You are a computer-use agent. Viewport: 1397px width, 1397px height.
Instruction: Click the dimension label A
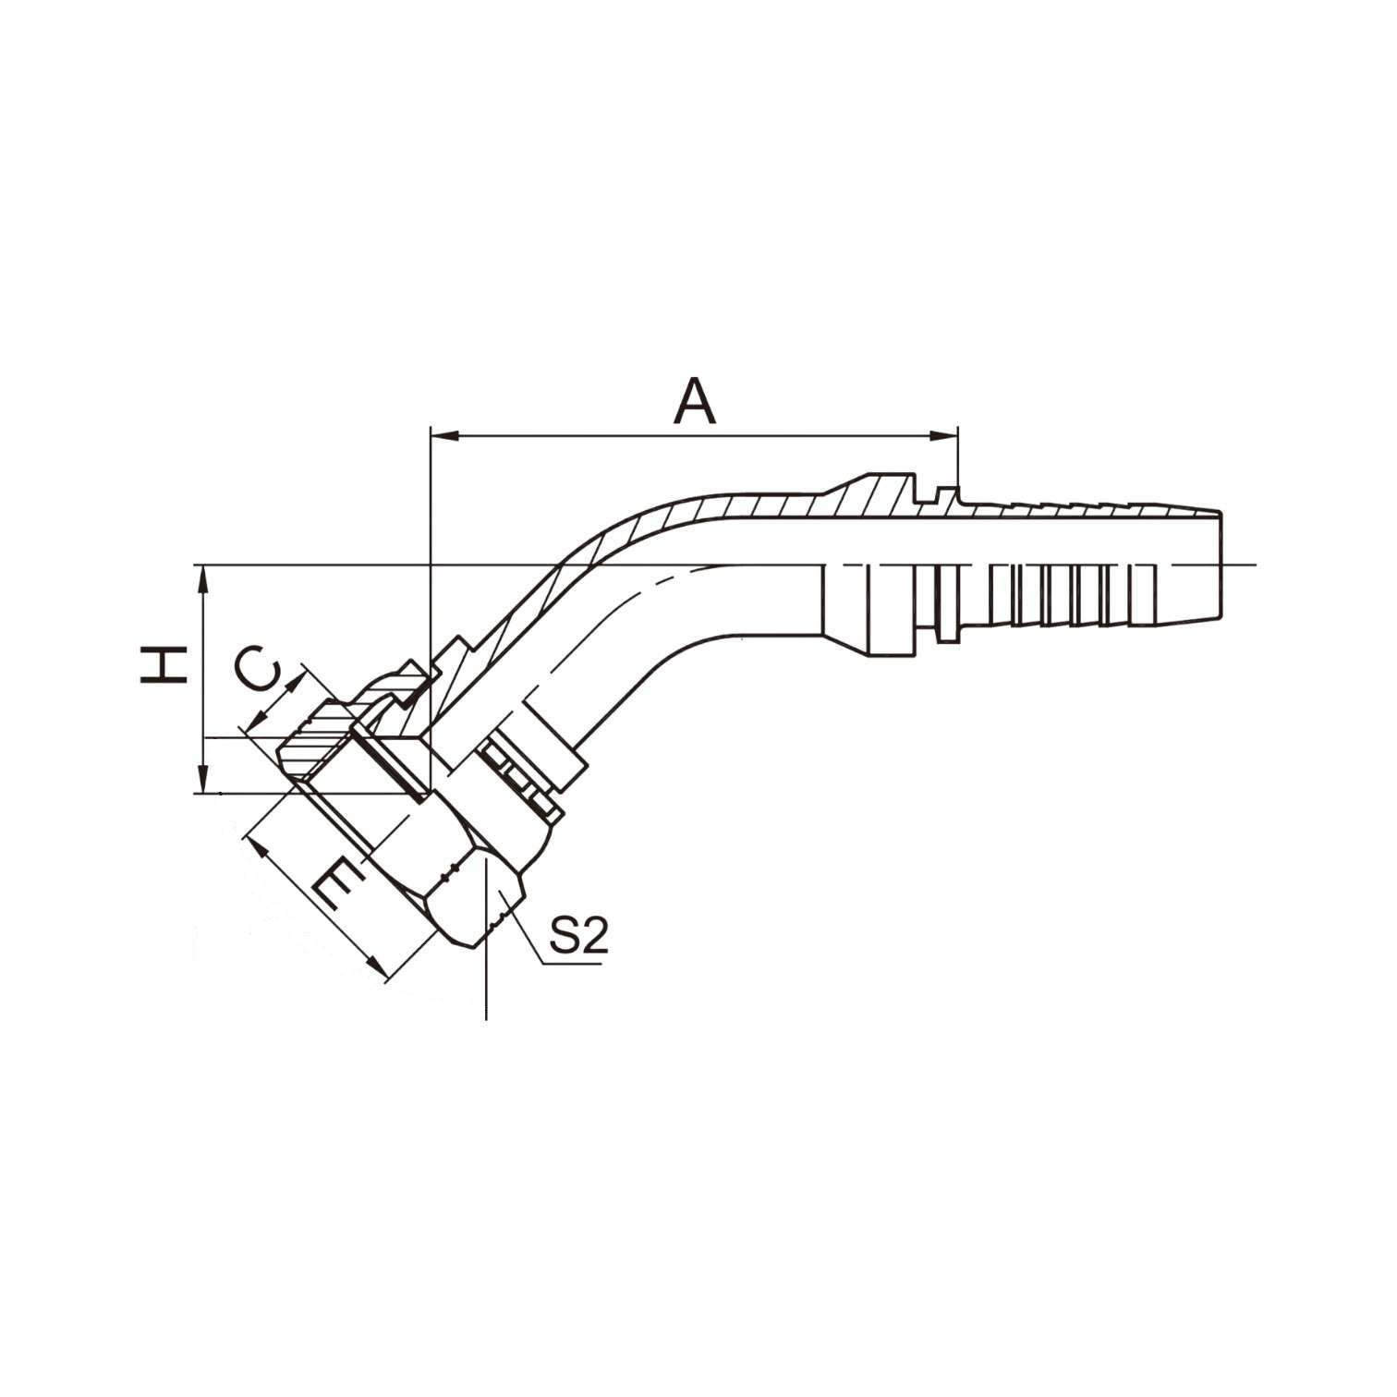point(696,401)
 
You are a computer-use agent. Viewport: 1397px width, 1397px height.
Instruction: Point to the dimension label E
point(334,885)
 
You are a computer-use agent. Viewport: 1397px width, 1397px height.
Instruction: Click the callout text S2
point(578,936)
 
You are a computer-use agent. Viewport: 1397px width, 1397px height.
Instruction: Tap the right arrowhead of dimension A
point(944,433)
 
